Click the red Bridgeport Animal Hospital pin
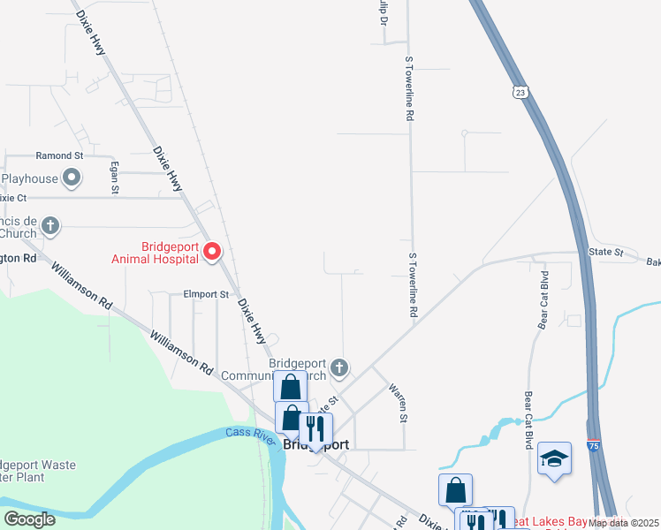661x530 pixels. [212, 253]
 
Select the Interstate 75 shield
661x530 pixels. [596, 447]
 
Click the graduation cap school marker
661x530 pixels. [554, 458]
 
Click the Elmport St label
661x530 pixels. [206, 294]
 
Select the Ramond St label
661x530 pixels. [59, 155]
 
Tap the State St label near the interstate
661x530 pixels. [605, 253]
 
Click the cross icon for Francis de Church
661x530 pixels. [50, 225]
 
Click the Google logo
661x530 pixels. [29, 519]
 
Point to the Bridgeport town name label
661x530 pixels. [316, 445]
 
